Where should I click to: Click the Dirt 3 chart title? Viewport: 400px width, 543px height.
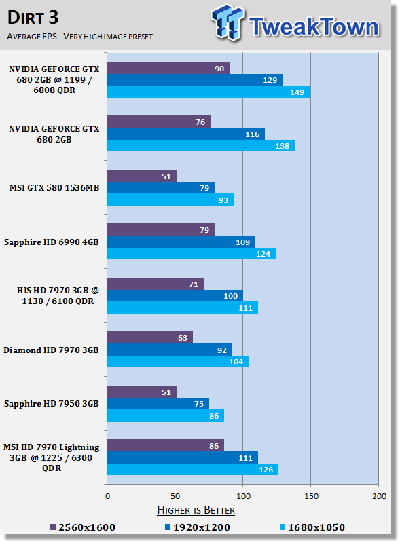click(x=33, y=18)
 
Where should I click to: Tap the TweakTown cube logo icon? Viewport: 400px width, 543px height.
click(x=228, y=22)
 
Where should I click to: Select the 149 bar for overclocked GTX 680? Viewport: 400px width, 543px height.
click(x=208, y=92)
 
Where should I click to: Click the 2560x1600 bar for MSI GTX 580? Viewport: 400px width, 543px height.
click(x=142, y=176)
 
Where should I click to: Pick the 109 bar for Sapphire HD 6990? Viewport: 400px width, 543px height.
click(x=181, y=242)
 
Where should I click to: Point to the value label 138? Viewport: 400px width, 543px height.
click(x=282, y=146)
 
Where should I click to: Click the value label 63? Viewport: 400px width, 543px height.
click(x=183, y=338)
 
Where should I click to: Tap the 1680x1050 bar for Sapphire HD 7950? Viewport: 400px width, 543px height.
click(x=166, y=415)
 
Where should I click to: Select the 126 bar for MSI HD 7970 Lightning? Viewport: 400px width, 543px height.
click(x=193, y=469)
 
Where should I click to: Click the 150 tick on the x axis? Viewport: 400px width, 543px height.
click(x=311, y=496)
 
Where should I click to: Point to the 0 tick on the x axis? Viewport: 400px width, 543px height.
click(x=107, y=496)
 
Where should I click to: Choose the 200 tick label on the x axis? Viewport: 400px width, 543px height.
click(x=379, y=496)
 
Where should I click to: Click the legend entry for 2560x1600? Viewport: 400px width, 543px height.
click(x=82, y=527)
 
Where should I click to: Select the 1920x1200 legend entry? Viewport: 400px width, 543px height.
click(x=197, y=527)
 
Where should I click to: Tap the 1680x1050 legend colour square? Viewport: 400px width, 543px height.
click(x=283, y=527)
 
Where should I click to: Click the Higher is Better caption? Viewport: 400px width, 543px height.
click(x=196, y=510)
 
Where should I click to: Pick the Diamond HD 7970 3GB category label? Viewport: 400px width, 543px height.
click(x=51, y=350)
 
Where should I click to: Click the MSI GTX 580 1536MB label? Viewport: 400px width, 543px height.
click(x=54, y=188)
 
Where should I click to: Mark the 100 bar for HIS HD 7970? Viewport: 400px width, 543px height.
click(x=175, y=296)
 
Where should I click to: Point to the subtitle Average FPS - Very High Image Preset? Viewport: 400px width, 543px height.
click(x=79, y=37)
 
